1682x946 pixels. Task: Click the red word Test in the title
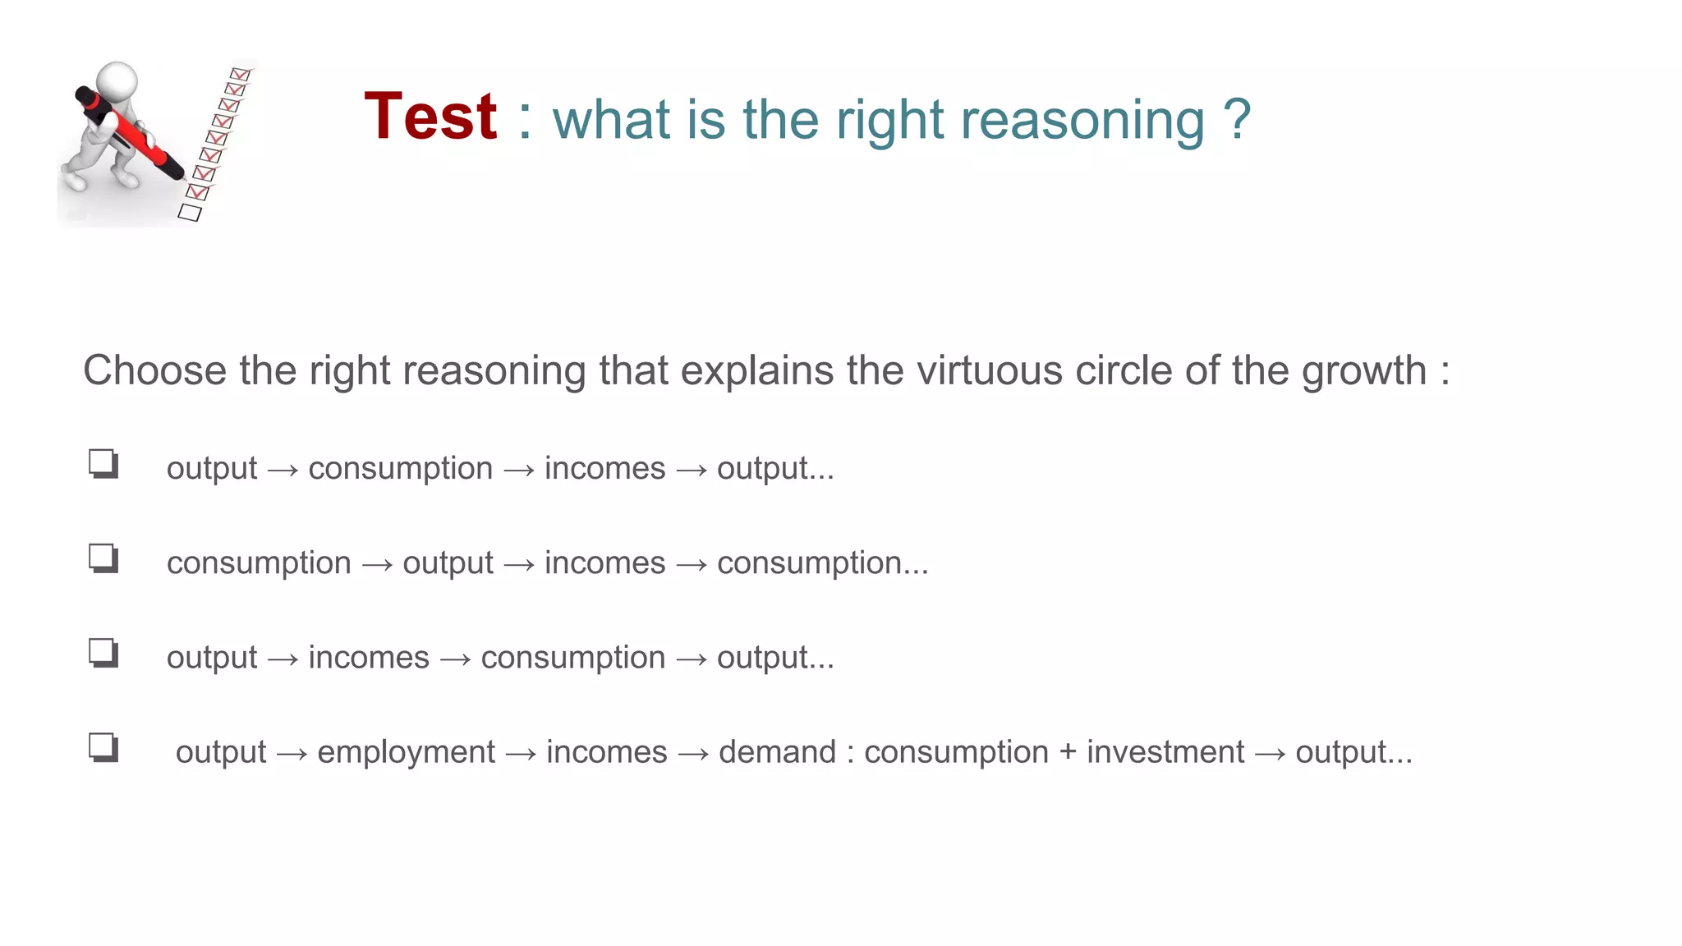coord(430,117)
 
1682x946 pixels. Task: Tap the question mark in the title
coord(1236,119)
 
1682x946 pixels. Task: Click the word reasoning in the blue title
coord(1082,121)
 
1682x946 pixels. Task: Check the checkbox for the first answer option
coord(103,464)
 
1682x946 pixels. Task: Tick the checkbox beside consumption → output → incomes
coord(103,558)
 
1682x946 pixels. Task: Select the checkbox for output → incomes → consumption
coord(103,654)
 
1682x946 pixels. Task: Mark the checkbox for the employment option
coord(103,748)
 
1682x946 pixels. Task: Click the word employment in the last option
coord(406,752)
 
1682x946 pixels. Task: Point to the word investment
coord(1165,752)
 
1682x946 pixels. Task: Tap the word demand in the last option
coord(777,752)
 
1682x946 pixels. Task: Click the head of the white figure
coord(117,81)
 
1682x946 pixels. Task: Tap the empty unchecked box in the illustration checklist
coord(190,213)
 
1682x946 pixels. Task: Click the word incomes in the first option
coord(604,468)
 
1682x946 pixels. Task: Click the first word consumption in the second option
coord(259,563)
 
